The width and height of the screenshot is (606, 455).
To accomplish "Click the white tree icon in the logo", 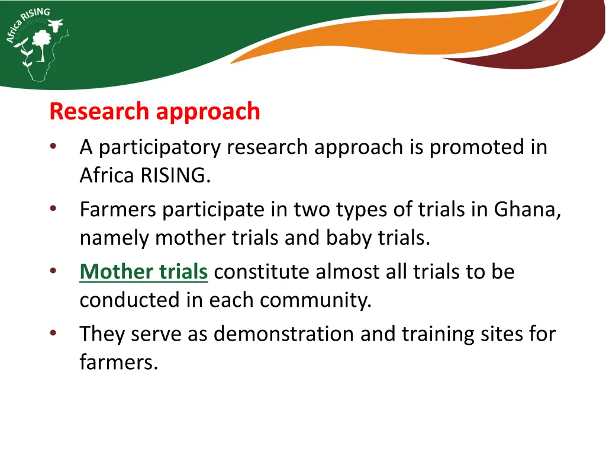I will tap(41, 45).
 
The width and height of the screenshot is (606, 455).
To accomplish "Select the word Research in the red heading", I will tap(99, 111).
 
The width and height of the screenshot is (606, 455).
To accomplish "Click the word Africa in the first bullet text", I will tap(107, 176).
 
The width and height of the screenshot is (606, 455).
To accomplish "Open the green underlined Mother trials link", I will tap(144, 272).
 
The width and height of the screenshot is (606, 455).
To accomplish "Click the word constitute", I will tap(262, 272).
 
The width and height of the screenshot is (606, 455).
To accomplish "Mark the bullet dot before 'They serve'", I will tap(53, 333).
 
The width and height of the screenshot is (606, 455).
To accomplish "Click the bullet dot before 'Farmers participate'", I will tap(53, 209).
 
